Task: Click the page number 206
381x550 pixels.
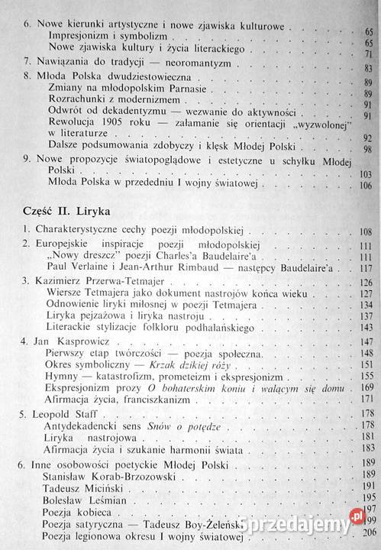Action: tap(371, 533)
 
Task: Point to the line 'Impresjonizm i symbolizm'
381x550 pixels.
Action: tap(103, 35)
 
